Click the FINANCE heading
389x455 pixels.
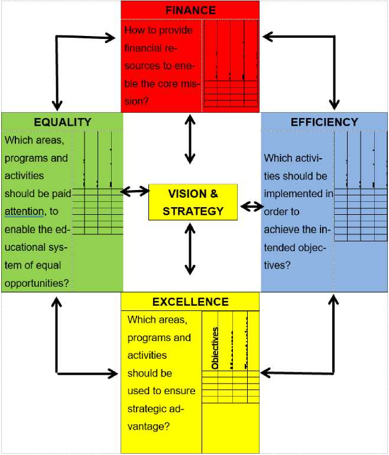tap(190, 10)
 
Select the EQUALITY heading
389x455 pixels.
tap(62, 122)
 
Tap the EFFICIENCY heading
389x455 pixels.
tap(324, 122)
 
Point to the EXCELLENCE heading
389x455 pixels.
tap(190, 302)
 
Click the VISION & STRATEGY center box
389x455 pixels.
tap(193, 202)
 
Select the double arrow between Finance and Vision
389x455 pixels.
tap(190, 139)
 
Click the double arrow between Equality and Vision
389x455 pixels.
tap(135, 191)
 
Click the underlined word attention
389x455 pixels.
tap(24, 211)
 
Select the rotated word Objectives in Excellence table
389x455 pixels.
tap(215, 348)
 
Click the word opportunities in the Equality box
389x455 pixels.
tap(36, 283)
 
